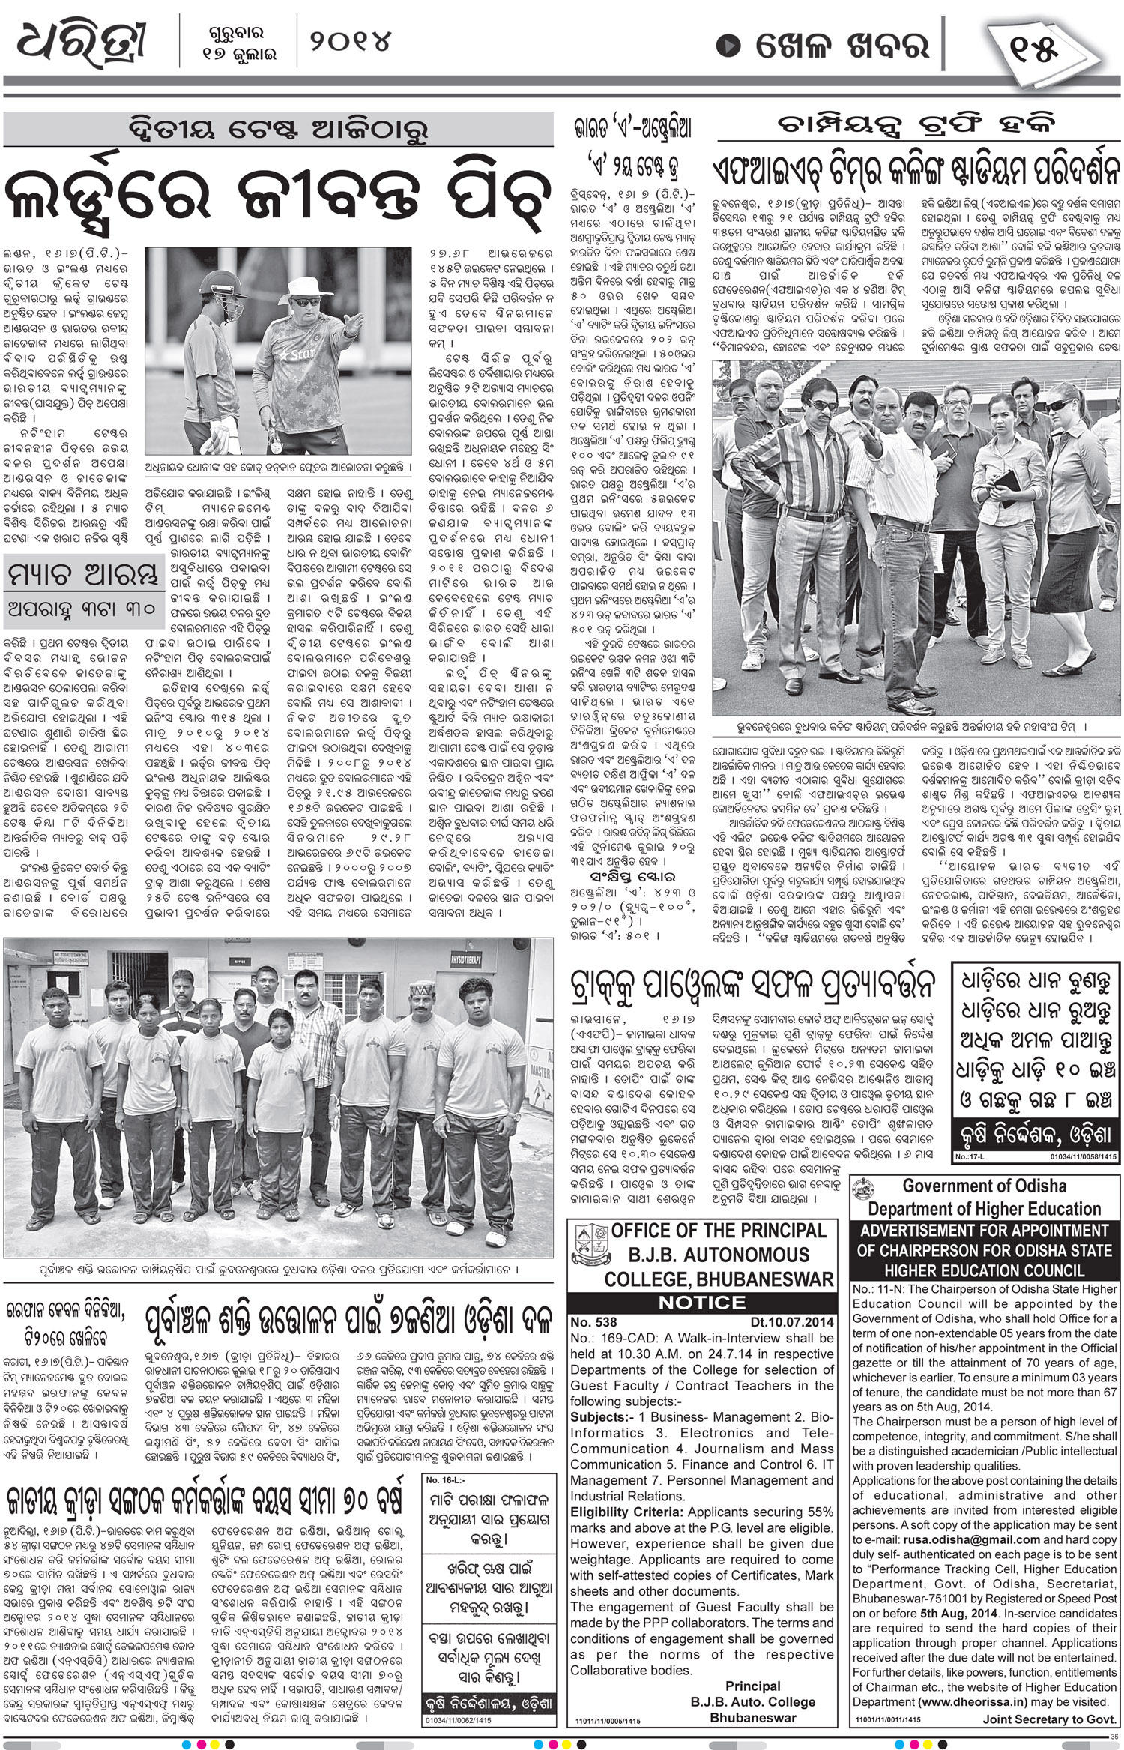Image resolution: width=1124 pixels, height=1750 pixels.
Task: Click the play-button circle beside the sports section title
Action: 728,46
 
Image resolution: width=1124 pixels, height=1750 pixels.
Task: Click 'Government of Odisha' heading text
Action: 982,1187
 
